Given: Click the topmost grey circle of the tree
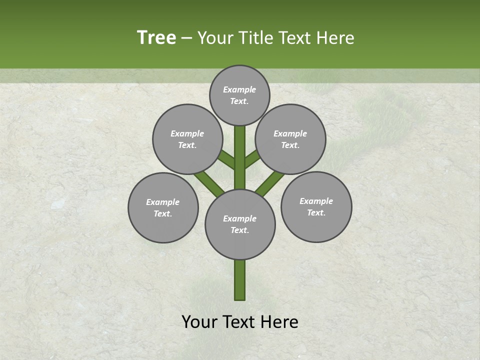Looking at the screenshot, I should (x=239, y=95).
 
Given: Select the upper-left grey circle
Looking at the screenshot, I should (x=187, y=139).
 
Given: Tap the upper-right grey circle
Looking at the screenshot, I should (x=290, y=139).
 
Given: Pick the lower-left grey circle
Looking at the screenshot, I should (x=163, y=207).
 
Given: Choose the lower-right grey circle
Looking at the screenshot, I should (x=316, y=206).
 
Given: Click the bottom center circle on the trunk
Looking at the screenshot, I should (x=240, y=224).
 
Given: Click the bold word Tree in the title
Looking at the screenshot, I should (x=156, y=37).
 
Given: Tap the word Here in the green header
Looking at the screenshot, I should (x=335, y=37).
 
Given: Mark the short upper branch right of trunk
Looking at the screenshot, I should (x=252, y=159).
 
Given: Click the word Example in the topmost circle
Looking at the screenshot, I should (x=239, y=89).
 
